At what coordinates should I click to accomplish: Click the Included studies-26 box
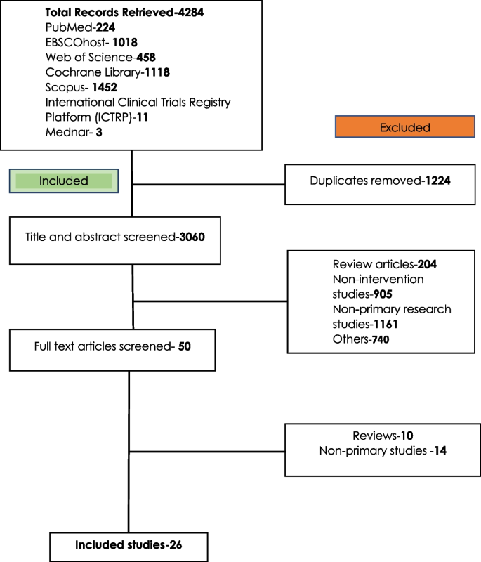pos(129,544)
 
